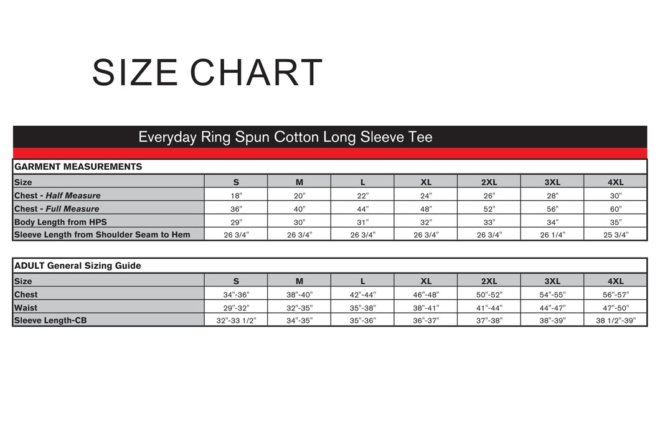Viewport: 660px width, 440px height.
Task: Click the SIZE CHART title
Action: (x=207, y=72)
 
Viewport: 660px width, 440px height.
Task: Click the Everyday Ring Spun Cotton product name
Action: (x=285, y=137)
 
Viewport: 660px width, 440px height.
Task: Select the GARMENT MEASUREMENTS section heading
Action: (x=78, y=167)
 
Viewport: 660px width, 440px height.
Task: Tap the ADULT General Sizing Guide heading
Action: (x=77, y=266)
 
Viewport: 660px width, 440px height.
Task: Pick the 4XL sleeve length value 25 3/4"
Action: (x=615, y=235)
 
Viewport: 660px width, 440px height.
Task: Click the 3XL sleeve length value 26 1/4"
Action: (x=552, y=235)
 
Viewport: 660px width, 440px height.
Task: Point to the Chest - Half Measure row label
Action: (x=57, y=195)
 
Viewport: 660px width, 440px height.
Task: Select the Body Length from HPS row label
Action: (x=60, y=222)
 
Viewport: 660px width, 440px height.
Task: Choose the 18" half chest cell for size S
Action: (x=236, y=195)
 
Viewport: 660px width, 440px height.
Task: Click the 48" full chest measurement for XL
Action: (x=425, y=209)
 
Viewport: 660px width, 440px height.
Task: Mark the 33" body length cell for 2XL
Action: (x=489, y=222)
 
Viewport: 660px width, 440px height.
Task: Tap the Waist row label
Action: (x=26, y=307)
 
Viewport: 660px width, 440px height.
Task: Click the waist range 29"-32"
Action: (x=236, y=307)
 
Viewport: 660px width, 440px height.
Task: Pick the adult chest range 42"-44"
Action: (x=362, y=294)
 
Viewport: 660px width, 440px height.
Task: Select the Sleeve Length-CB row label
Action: (x=50, y=321)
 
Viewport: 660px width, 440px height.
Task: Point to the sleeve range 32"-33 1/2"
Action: (x=236, y=321)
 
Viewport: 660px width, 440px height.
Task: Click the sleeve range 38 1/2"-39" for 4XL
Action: (x=615, y=321)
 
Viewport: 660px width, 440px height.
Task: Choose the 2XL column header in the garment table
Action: (x=489, y=182)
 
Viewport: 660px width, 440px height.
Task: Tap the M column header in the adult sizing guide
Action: (x=299, y=281)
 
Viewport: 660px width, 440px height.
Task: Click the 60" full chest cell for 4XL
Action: (x=615, y=209)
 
